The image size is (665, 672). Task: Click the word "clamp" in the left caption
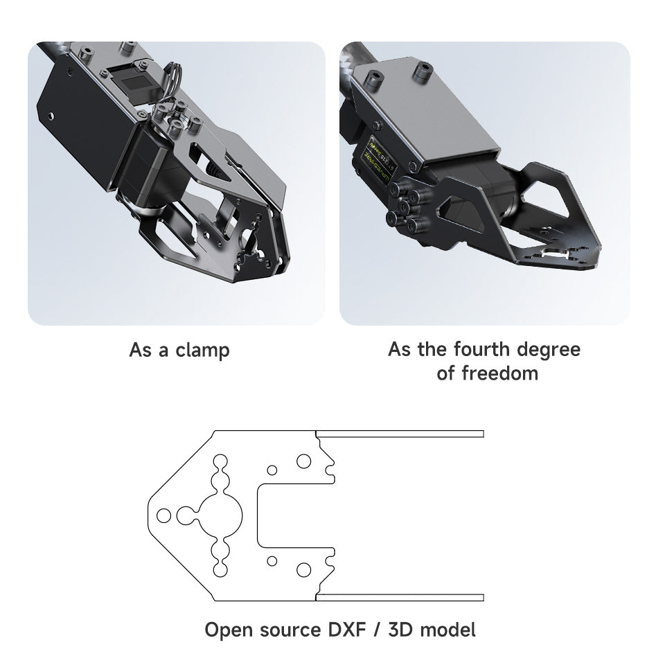click(202, 350)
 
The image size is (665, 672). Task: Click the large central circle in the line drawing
click(222, 515)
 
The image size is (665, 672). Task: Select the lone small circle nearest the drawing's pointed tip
click(163, 515)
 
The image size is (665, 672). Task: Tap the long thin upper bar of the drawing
click(400, 434)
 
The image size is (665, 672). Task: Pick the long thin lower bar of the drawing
click(400, 597)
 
